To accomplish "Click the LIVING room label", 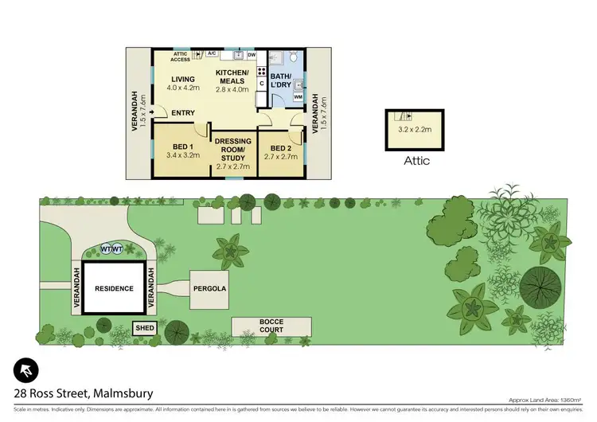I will pos(181,80).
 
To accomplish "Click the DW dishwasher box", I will pos(252,55).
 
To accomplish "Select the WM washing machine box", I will pos(298,97).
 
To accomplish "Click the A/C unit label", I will pos(212,53).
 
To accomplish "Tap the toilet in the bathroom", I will pos(294,57).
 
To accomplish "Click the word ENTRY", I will pos(183,112).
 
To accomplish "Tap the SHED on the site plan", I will pos(145,327).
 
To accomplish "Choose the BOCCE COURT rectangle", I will pos(270,326).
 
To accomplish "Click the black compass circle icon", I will pos(25,370).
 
